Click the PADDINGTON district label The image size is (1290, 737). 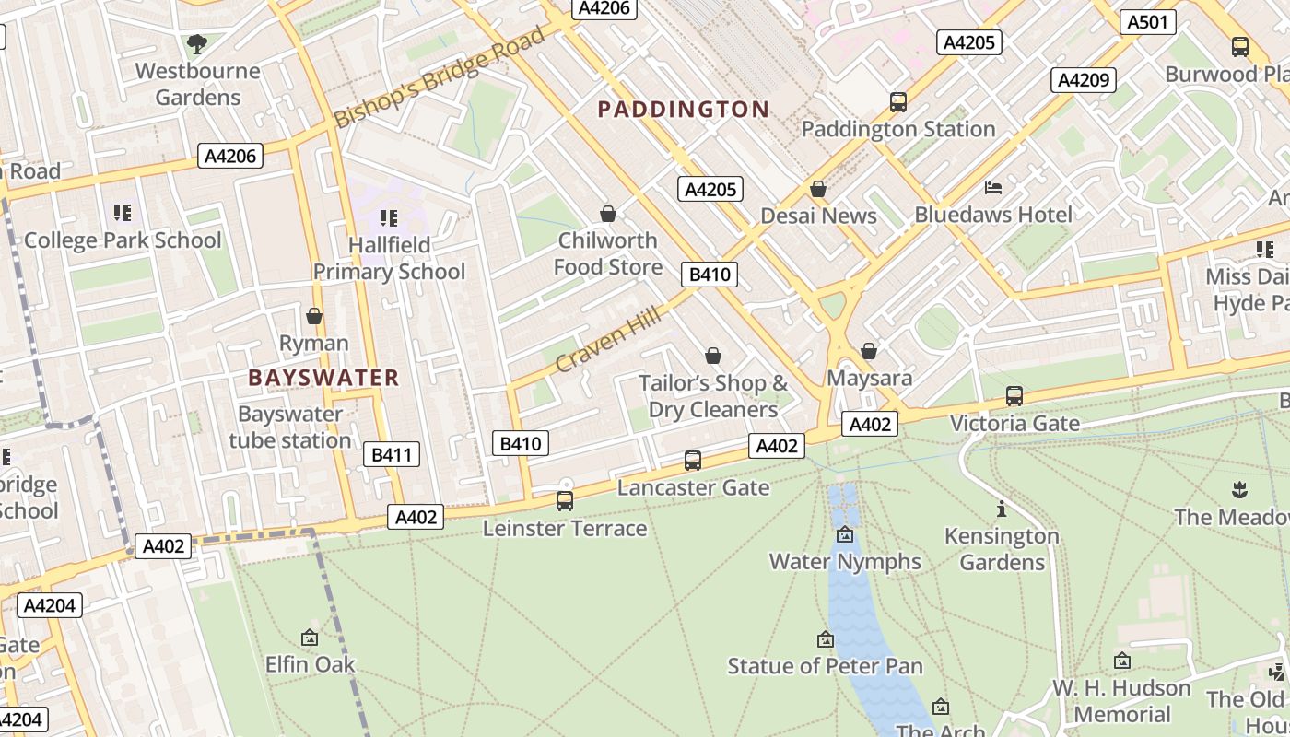683,110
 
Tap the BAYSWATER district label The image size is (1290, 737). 323,378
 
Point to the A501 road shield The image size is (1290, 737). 1147,22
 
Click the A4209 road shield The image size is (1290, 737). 1083,80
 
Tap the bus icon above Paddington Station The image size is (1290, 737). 898,102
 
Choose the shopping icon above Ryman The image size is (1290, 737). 314,317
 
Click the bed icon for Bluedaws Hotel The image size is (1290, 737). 993,188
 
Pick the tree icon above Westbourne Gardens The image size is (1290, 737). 196,44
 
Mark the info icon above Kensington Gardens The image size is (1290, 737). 1001,509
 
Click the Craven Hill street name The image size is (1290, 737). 608,341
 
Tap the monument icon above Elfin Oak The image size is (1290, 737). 310,638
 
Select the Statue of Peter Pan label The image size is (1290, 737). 825,665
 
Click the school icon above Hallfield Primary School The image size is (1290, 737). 389,218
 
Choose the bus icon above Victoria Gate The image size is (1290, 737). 1014,396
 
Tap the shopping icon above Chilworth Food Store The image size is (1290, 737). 608,215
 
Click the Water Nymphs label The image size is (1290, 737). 845,561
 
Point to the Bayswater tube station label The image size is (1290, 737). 289,427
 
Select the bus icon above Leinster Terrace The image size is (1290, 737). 565,501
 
